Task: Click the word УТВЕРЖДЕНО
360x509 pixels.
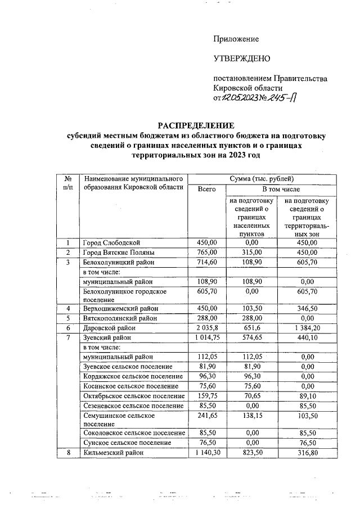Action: tap(242, 58)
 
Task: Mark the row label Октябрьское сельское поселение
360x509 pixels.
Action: tap(133, 395)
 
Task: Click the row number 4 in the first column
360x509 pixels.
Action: tap(67, 309)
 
